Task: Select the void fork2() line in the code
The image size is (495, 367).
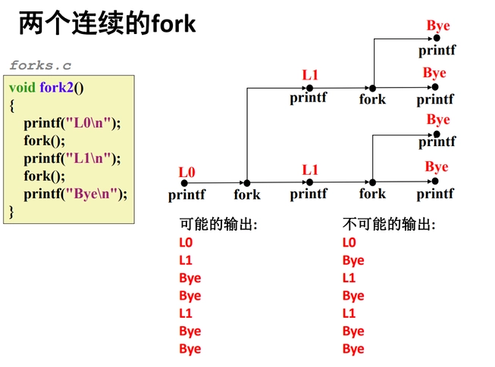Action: point(46,87)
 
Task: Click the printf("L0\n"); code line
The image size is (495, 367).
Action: point(72,122)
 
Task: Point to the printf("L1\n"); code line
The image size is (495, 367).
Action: point(72,157)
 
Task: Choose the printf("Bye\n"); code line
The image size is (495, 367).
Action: point(75,193)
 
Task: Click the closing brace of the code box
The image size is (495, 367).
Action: point(12,210)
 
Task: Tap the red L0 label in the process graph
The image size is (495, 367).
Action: point(186,173)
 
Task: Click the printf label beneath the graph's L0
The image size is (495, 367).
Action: point(186,195)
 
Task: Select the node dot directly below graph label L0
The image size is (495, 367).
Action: point(185,182)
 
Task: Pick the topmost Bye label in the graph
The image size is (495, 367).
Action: point(437,26)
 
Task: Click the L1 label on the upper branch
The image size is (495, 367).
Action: point(310,75)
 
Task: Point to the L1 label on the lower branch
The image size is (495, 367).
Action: point(310,170)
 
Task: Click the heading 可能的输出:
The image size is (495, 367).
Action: point(218,225)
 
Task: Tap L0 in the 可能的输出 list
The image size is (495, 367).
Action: point(186,243)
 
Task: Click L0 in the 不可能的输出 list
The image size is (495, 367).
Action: point(349,243)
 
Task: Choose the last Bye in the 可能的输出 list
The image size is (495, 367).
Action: point(190,349)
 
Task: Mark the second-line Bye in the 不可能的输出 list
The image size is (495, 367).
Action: point(353,260)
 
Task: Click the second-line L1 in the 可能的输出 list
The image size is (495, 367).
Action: point(186,260)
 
